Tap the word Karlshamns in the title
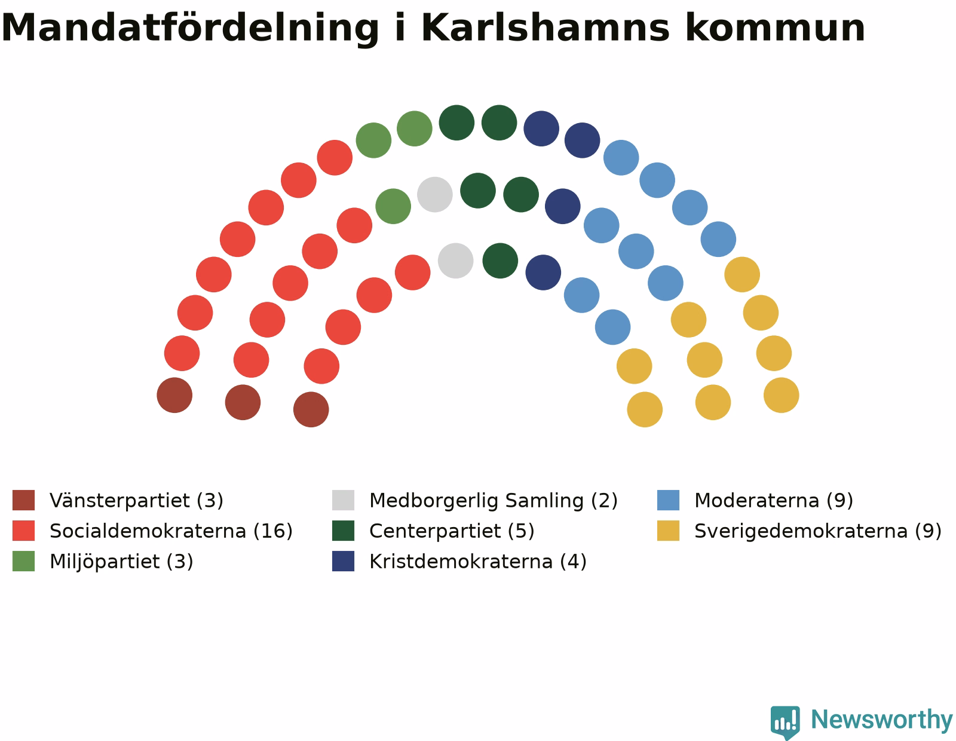click(x=546, y=27)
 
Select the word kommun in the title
click(x=775, y=27)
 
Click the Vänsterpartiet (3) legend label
click(x=136, y=500)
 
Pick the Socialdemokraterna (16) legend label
click(x=171, y=531)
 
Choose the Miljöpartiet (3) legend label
click(x=121, y=562)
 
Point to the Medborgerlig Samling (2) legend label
click(x=493, y=500)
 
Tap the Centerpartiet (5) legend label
click(x=452, y=531)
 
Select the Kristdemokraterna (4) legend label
click(x=478, y=562)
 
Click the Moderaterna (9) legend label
click(x=773, y=500)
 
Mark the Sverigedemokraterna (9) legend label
click(x=818, y=531)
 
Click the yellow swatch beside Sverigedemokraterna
click(x=668, y=531)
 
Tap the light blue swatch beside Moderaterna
click(x=668, y=500)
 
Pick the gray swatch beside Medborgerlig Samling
click(x=343, y=500)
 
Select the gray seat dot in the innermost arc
click(x=455, y=261)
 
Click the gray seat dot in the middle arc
click(x=434, y=194)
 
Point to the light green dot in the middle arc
click(x=393, y=206)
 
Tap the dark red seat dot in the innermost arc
click(x=311, y=409)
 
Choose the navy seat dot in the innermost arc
click(x=543, y=272)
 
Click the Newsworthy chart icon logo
click(x=785, y=722)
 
